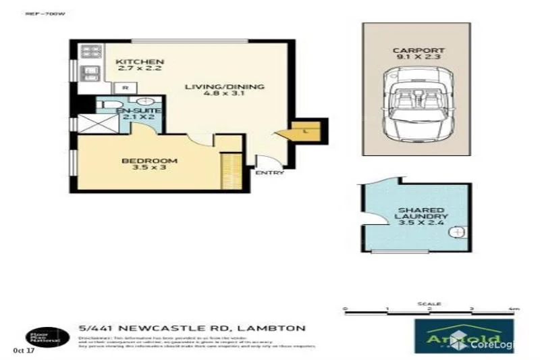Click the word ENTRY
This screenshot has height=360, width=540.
click(x=269, y=173)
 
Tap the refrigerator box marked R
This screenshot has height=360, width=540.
click(x=125, y=88)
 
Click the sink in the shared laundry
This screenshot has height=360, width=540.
click(x=457, y=232)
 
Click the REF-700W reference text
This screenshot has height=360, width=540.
click(x=39, y=12)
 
